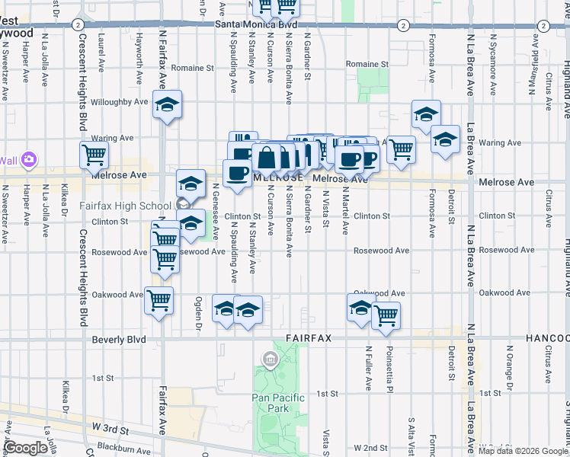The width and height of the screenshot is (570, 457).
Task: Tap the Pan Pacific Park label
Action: (x=278, y=403)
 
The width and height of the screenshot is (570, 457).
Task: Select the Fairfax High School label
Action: (x=125, y=206)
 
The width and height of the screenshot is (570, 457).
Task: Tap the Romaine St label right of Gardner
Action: (x=367, y=65)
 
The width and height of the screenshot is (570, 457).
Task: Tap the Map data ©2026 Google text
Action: (x=521, y=451)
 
